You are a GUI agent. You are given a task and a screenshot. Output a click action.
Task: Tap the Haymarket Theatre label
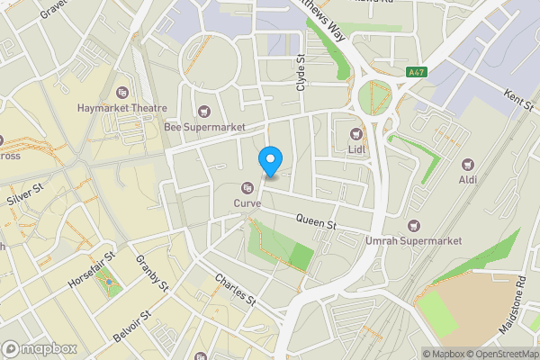click(122, 108)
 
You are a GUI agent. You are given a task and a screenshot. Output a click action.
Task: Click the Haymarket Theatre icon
click(122, 92)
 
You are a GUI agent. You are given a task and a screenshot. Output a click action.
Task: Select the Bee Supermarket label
click(205, 127)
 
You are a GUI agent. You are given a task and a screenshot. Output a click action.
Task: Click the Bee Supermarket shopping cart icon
click(205, 112)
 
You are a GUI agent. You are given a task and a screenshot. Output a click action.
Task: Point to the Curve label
click(247, 203)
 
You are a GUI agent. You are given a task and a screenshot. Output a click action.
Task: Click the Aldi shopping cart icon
click(468, 165)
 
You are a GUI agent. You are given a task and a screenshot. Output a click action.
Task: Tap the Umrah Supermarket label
click(413, 240)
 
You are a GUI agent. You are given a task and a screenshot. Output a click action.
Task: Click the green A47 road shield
click(416, 71)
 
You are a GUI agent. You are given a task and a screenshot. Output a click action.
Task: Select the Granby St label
click(152, 274)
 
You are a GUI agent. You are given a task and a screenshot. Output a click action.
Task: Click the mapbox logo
click(40, 348)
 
